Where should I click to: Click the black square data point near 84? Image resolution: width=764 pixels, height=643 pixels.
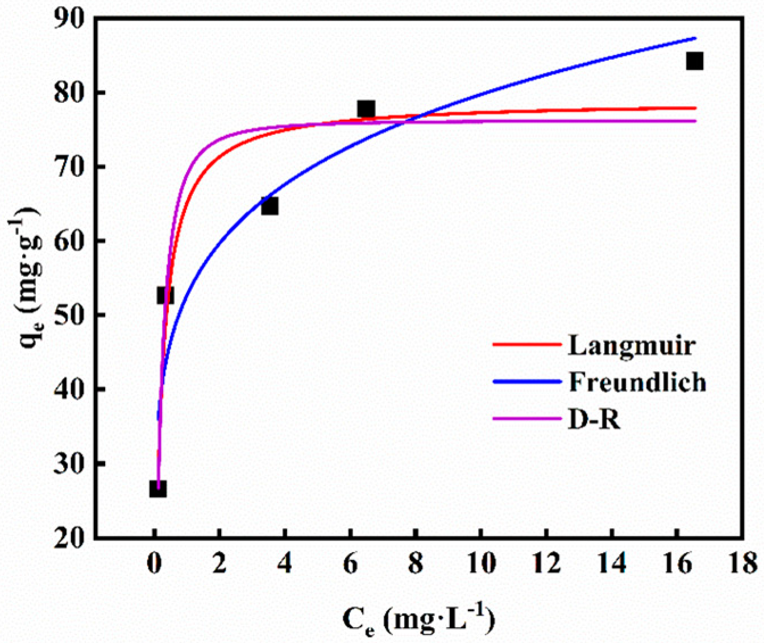694,61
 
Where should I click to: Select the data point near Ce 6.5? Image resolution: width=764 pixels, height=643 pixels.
366,109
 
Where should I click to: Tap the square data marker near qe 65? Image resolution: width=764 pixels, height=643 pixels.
269,206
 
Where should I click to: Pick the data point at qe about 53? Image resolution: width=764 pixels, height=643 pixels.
165,295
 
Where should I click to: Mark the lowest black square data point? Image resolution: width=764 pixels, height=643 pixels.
158,488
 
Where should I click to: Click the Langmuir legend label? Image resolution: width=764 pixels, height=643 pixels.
632,345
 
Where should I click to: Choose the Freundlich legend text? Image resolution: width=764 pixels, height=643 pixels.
637,383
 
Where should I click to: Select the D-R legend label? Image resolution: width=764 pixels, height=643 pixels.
594,420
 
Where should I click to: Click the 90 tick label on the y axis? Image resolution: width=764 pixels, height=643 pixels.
70,19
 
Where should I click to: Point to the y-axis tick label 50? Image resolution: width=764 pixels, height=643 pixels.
70,316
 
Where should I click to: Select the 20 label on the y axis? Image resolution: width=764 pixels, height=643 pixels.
70,538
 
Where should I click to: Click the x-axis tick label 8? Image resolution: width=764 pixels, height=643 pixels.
416,564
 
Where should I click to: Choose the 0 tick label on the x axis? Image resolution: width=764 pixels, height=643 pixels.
154,564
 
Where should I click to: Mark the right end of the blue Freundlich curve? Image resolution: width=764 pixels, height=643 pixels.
695,38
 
